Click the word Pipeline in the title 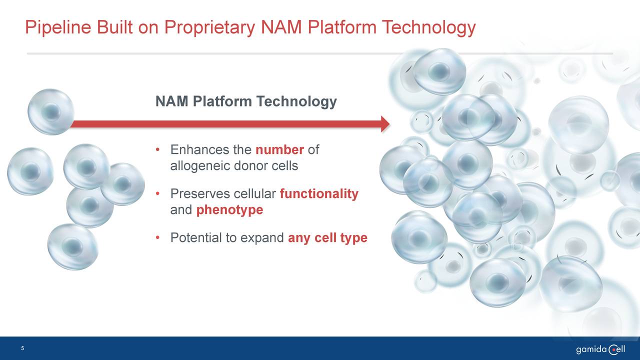click(x=58, y=28)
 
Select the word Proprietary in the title click(x=209, y=28)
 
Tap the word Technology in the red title click(x=428, y=28)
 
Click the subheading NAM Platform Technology click(x=246, y=101)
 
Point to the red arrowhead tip click(x=389, y=124)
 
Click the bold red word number click(x=279, y=149)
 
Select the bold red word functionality click(x=319, y=194)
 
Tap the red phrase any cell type click(x=327, y=238)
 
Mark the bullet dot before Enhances click(x=157, y=149)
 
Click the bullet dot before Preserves click(x=157, y=194)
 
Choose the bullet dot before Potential click(x=157, y=237)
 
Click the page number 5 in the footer click(x=22, y=348)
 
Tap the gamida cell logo click(x=600, y=349)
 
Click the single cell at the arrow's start click(x=51, y=111)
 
